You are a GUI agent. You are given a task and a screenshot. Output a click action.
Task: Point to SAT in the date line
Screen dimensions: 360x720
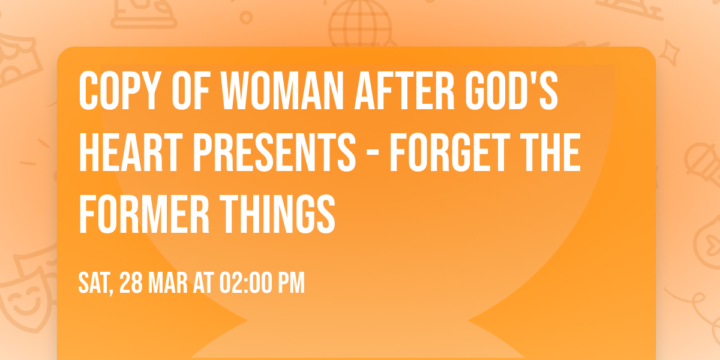(95, 283)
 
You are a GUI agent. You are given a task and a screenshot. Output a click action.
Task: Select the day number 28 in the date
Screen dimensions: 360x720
(131, 283)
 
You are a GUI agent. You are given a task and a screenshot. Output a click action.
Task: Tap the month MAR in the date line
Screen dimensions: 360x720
(169, 283)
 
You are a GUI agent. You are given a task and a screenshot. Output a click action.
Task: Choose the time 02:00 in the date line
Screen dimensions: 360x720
(246, 283)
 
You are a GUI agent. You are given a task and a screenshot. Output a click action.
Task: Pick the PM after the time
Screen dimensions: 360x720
(291, 283)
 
